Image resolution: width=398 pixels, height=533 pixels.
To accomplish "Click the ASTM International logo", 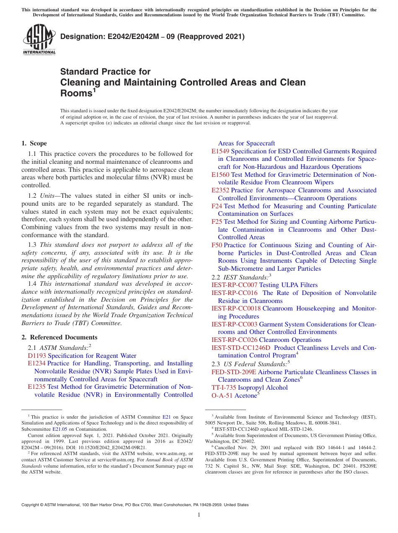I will point(39,40).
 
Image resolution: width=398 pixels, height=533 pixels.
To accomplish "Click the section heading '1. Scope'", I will point(34,143).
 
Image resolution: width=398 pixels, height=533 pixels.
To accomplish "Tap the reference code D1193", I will point(37,356).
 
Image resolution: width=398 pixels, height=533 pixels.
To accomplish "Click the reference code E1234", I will point(36,363).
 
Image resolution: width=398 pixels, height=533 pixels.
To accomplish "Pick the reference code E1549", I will point(220,151).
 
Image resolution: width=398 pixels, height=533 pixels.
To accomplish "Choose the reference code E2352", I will point(220,190).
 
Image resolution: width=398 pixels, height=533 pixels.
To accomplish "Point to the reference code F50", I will point(217,245).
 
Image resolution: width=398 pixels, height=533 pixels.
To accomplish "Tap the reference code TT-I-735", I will point(224,388).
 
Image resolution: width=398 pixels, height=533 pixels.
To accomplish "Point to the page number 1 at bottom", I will point(199,515).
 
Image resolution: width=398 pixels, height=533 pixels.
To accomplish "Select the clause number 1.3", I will point(32,245).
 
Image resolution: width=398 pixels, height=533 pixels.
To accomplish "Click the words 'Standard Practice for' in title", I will point(105,72).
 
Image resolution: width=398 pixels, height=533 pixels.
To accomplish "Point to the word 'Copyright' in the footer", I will point(31,505).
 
